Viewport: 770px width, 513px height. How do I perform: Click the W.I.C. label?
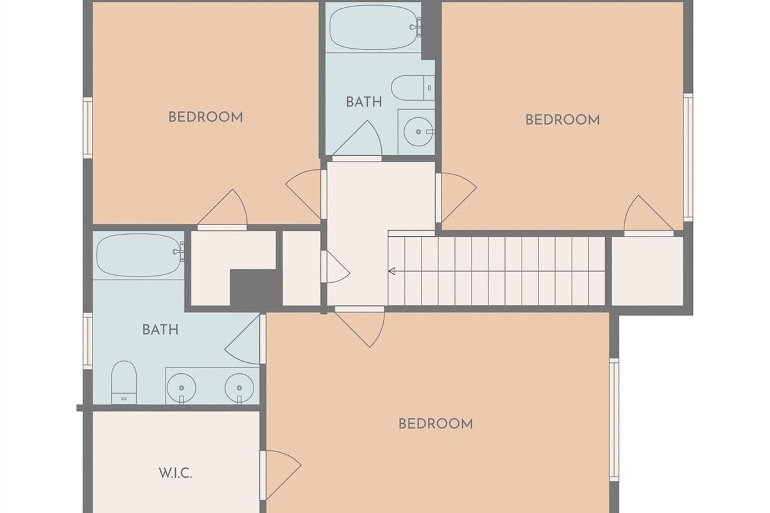click(x=175, y=473)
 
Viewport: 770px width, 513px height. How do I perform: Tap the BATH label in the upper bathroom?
click(x=364, y=102)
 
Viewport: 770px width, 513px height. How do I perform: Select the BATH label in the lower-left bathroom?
click(x=160, y=330)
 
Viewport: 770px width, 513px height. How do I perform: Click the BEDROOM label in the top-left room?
click(x=205, y=117)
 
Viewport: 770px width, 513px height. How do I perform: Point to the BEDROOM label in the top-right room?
click(x=563, y=120)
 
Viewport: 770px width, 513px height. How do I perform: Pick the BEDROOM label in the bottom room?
click(x=436, y=424)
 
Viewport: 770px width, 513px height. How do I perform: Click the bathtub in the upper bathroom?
click(x=375, y=27)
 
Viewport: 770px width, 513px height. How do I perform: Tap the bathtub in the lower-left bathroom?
click(x=140, y=255)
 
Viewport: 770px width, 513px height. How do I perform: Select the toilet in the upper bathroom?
click(x=413, y=88)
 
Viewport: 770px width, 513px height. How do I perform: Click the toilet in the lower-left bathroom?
click(x=124, y=382)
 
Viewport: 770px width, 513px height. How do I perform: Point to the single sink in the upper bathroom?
click(x=418, y=131)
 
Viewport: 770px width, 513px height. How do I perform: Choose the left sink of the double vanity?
click(x=182, y=388)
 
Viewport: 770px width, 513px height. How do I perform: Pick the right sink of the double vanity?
click(x=239, y=388)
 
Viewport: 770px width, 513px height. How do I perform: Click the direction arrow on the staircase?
click(x=392, y=271)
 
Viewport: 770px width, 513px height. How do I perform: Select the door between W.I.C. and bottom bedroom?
click(x=280, y=475)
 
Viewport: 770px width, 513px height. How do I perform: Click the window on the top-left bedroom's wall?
click(x=88, y=128)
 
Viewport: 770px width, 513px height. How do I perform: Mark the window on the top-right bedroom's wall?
click(x=688, y=158)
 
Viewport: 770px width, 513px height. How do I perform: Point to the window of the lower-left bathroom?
click(x=88, y=341)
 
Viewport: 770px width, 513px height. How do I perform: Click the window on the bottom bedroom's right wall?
click(x=614, y=420)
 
